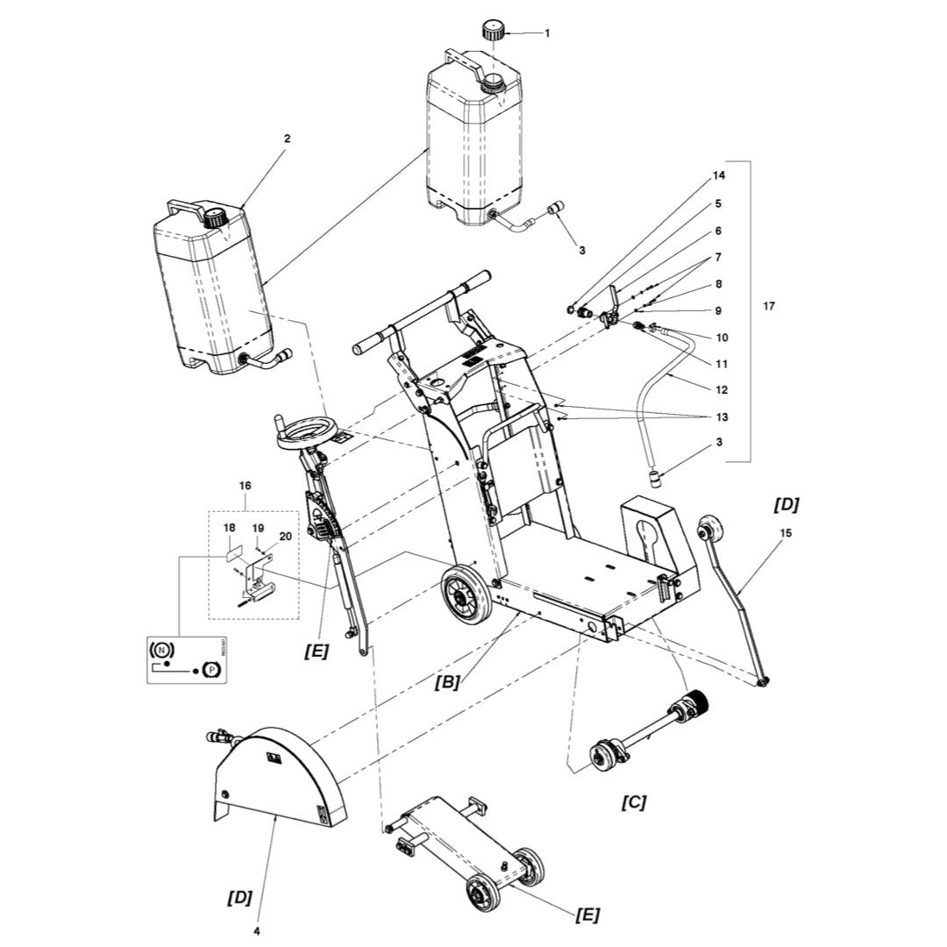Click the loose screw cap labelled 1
coord(493,32)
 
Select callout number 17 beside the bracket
coord(769,306)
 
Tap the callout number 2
coord(287,139)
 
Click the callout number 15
coord(785,532)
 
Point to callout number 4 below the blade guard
coord(258,929)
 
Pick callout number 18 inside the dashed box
coord(230,528)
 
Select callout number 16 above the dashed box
coord(245,484)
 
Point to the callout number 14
coord(719,176)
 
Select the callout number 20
coord(285,535)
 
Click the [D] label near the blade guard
coord(239,897)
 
